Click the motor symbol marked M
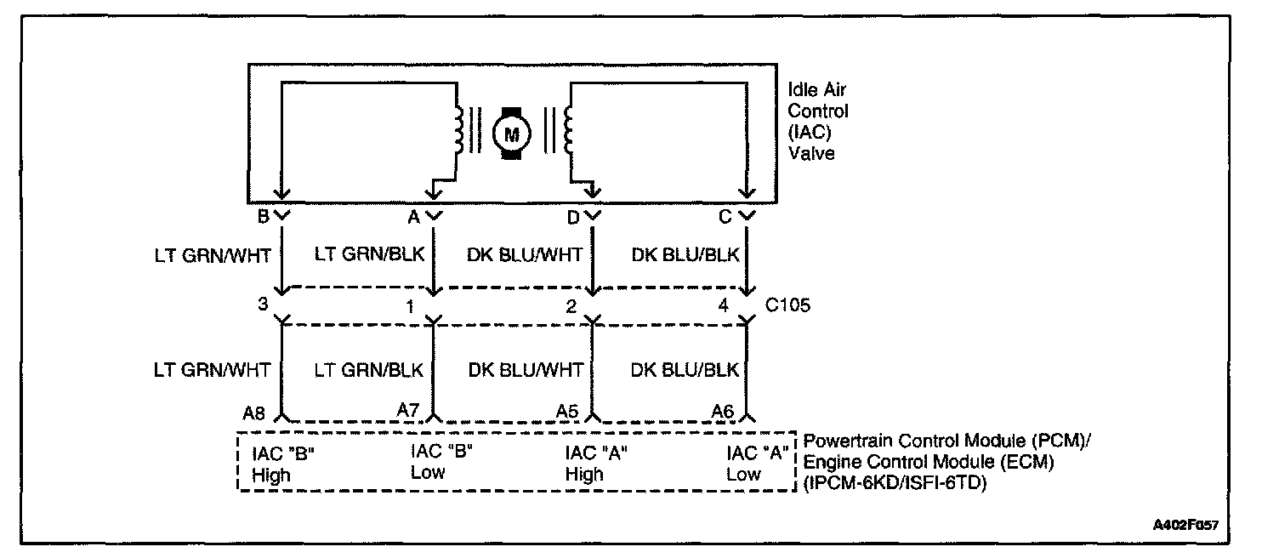point(512,133)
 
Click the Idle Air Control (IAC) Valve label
point(817,122)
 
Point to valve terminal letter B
point(263,217)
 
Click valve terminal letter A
point(414,217)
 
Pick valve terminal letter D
point(573,217)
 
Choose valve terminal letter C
point(725,217)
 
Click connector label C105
point(787,305)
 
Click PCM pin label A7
point(408,410)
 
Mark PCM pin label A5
point(567,411)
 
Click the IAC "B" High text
point(283,464)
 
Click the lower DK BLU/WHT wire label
point(526,370)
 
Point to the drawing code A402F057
point(1185,526)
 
